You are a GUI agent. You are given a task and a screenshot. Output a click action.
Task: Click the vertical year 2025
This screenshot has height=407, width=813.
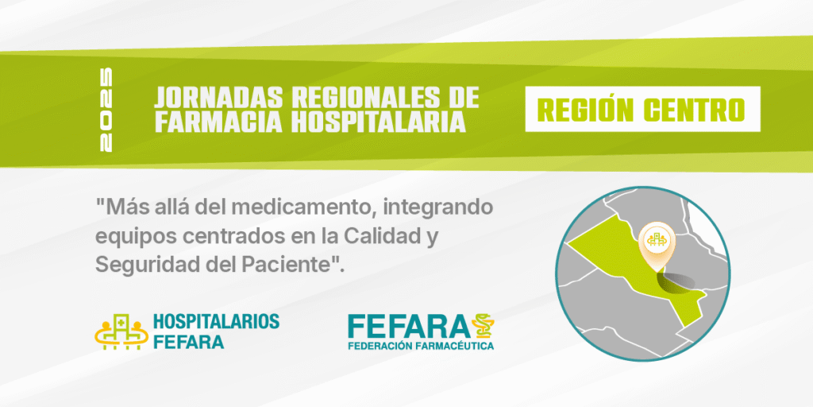(x=106, y=110)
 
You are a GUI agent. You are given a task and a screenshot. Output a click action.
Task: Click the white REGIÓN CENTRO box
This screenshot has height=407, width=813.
(x=642, y=109)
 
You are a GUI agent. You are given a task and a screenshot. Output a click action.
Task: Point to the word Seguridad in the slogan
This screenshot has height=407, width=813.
(x=144, y=266)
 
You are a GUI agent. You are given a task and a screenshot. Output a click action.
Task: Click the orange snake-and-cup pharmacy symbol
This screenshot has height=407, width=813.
(x=483, y=326)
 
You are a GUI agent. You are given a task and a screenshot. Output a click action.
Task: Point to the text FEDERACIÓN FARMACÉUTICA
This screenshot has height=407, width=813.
(x=421, y=346)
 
